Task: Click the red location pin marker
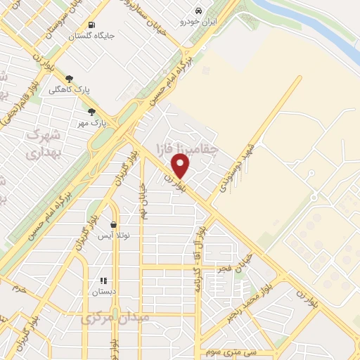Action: point(181,166)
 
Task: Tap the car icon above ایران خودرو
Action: point(200,11)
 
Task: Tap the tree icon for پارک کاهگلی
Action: point(69,79)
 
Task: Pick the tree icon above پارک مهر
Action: point(91,111)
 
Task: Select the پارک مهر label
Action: point(91,122)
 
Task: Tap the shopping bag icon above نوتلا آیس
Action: point(113,225)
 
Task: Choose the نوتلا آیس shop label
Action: point(113,236)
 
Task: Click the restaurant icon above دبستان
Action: point(103,280)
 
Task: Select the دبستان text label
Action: point(103,291)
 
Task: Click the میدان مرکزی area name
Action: point(115,319)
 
